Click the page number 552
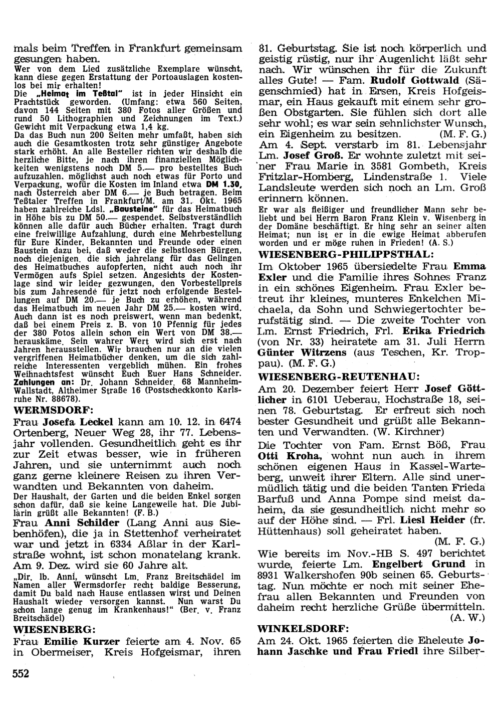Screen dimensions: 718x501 21,673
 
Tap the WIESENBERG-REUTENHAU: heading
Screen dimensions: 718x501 339,376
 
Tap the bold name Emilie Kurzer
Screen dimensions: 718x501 82,641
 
